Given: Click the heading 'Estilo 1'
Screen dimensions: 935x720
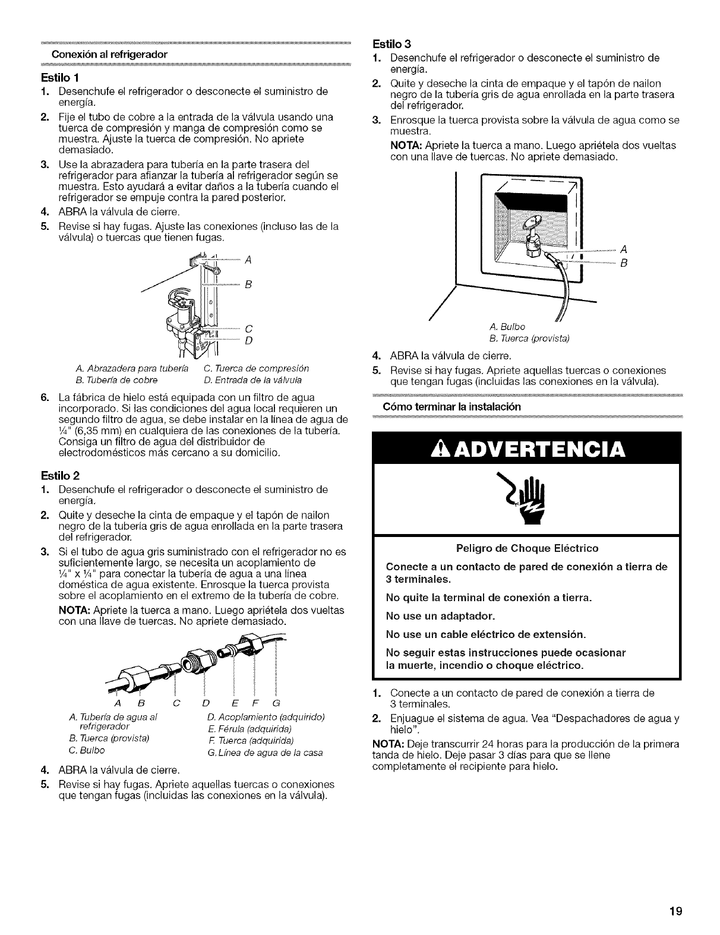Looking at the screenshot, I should [56, 78].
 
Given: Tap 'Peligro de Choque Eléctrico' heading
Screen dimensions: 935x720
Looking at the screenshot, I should [527, 548].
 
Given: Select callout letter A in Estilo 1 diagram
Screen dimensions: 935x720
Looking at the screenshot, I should [248, 260].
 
